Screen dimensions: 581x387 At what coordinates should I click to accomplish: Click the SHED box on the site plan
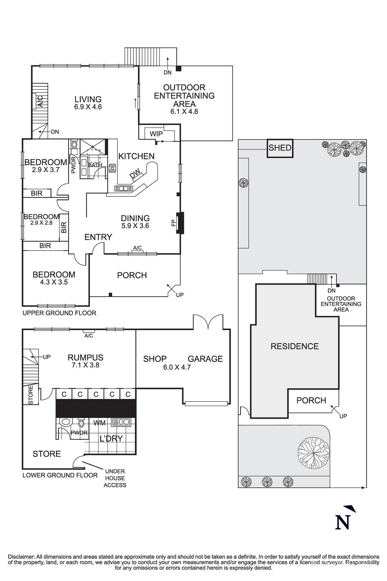pos(280,148)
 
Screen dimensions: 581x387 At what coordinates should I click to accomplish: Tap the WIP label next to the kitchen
pos(156,134)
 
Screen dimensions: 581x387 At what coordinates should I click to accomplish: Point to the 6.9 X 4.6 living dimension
pos(88,107)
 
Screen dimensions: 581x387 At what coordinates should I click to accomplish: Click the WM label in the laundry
pos(99,423)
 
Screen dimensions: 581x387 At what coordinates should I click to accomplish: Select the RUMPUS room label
pos(85,358)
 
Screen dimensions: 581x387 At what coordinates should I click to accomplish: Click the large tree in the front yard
pos(313,451)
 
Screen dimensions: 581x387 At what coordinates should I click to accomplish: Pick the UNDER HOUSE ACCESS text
pos(115,478)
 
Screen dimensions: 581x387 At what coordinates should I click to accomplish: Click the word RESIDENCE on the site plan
pos(295,346)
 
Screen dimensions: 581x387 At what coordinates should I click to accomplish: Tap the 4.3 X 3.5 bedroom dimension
pos(54,282)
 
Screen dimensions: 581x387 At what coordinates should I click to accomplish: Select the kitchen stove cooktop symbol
pos(112,168)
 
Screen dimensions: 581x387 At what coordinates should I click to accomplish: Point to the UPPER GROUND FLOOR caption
pos(59,313)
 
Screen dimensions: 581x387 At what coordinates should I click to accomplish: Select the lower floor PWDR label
pos(79,433)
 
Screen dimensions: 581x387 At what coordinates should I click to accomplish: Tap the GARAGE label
pos(205,359)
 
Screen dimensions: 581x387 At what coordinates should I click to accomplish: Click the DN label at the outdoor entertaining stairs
pos(167,72)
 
